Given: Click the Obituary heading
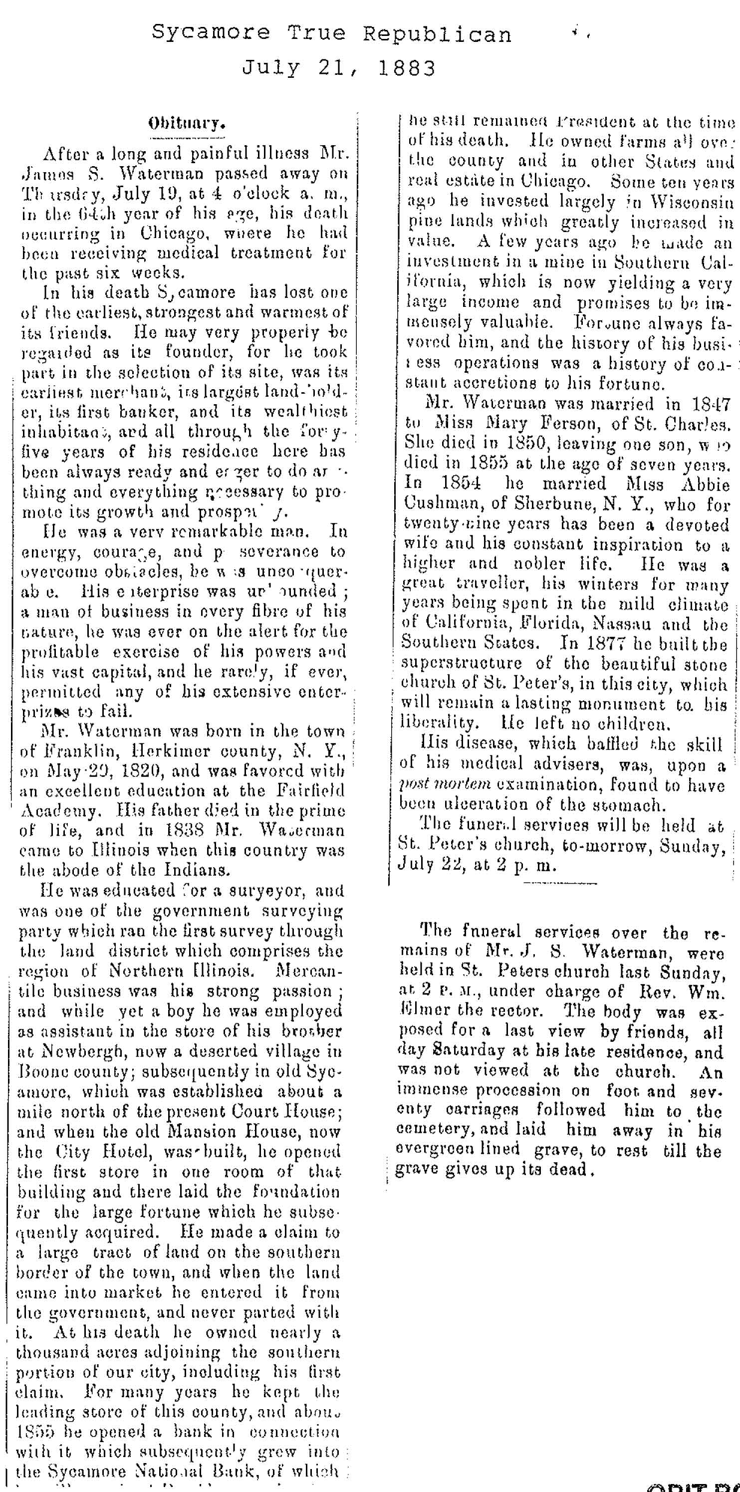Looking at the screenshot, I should [187, 123].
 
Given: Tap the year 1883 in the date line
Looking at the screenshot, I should [407, 69].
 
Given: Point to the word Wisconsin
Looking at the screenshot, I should [692, 202].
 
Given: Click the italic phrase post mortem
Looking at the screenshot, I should [445, 785].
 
